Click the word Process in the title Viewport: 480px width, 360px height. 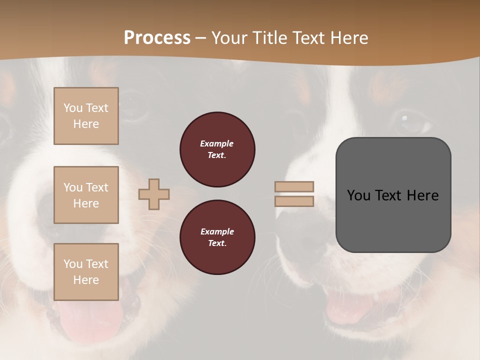(157, 38)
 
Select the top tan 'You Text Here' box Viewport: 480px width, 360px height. (86, 116)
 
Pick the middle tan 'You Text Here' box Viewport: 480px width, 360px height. (86, 195)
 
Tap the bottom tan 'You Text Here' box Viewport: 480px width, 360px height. (86, 272)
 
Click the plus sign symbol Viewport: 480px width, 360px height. (154, 194)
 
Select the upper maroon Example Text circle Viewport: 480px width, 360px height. (217, 149)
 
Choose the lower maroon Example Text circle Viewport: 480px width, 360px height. (217, 237)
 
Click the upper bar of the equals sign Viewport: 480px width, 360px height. (294, 186)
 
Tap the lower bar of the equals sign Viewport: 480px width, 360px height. (294, 201)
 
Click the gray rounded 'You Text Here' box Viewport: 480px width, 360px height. (393, 195)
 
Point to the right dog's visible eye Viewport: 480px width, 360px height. (409, 120)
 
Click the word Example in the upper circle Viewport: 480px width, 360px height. (217, 143)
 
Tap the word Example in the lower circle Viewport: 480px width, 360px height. (217, 231)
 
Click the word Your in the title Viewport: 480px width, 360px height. (228, 38)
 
